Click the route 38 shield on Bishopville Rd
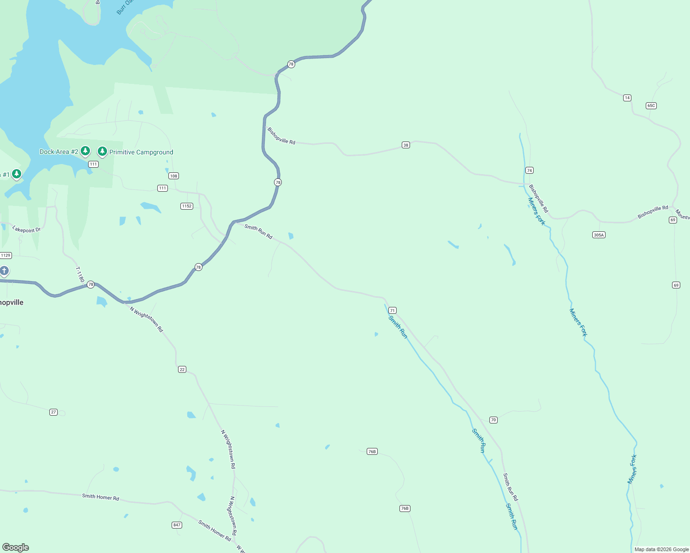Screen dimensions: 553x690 coord(406,145)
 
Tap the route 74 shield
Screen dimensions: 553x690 coord(529,171)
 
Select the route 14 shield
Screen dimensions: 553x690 coord(627,98)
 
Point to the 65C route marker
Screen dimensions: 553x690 coord(651,106)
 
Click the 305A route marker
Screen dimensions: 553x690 coord(599,235)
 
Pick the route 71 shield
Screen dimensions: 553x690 coord(393,311)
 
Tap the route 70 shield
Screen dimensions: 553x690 coord(494,420)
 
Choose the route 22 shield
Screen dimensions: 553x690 coord(182,370)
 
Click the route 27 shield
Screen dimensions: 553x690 coord(54,412)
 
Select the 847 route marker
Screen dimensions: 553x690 coord(177,525)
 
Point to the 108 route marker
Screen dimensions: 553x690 coord(173,176)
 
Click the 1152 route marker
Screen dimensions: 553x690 coord(187,206)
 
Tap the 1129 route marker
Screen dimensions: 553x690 coord(6,255)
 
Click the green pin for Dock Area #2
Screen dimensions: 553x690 coord(85,151)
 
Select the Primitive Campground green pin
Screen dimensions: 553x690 coord(102,151)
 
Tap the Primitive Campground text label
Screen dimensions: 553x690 coord(141,152)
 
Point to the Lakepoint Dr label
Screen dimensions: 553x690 coord(26,229)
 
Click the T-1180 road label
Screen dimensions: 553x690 coord(80,275)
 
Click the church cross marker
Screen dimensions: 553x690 coord(4,271)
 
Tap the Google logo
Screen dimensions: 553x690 coord(15,547)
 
